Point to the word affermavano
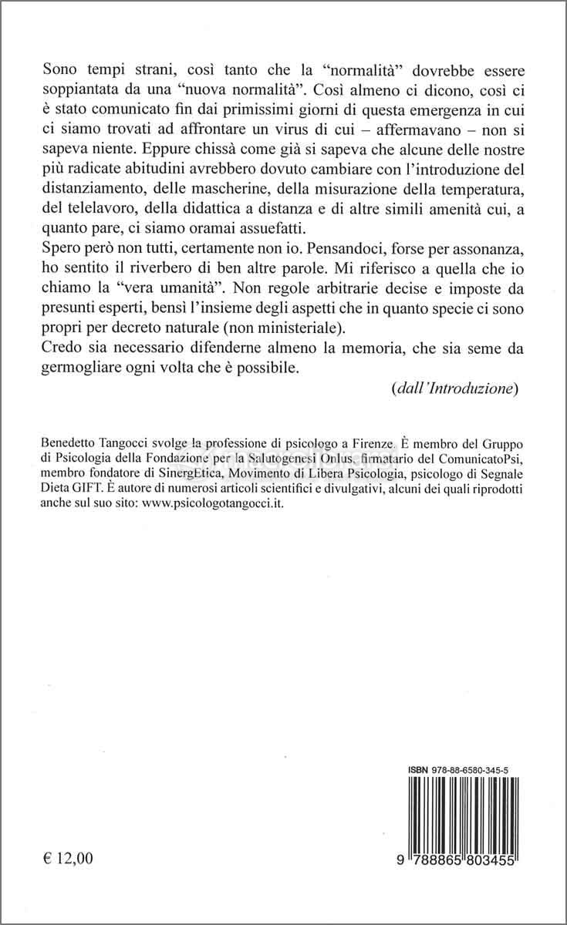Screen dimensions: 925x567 pos(411,128)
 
